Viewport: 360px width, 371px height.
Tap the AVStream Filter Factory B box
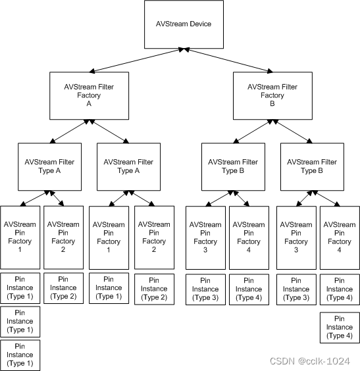coord(272,95)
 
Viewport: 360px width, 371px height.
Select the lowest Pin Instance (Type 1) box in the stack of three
coord(20,355)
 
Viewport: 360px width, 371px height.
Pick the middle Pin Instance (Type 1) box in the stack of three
coord(20,322)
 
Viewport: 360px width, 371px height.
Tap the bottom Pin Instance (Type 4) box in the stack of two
coord(339,327)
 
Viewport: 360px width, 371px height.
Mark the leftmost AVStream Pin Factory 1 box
coord(20,237)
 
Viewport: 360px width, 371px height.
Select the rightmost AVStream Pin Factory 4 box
coord(339,237)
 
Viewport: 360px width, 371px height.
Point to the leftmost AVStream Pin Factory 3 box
coord(205,237)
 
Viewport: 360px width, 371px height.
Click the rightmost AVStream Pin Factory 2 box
coord(154,237)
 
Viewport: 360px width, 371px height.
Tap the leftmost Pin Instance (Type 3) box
coord(205,289)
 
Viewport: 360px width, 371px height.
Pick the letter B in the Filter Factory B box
coord(272,104)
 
